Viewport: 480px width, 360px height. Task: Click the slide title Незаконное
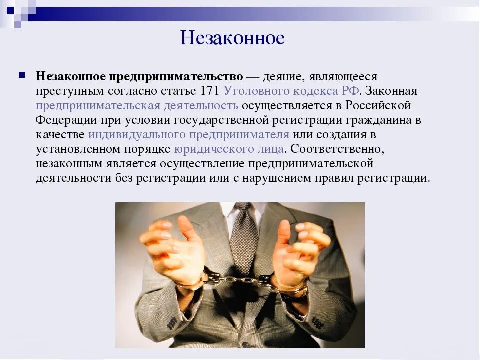(232, 38)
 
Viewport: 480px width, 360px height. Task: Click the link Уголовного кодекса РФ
(291, 91)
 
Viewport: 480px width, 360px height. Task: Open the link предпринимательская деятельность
(137, 106)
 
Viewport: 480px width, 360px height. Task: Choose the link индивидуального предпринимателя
(188, 135)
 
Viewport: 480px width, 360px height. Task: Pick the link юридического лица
(229, 149)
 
